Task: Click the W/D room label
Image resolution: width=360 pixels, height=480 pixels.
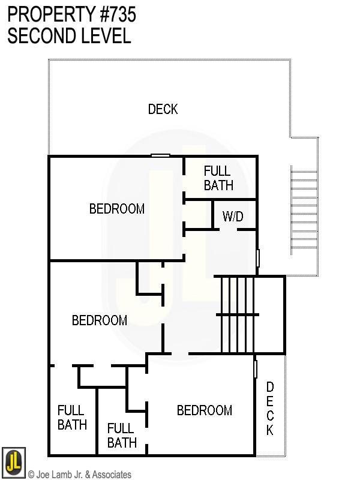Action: (233, 217)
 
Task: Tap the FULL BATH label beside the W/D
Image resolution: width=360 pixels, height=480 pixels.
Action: (218, 178)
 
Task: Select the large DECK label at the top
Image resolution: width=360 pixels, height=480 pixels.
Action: (163, 109)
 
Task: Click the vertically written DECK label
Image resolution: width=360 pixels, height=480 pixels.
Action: (270, 409)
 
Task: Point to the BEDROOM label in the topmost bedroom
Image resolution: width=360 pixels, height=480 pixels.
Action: (117, 209)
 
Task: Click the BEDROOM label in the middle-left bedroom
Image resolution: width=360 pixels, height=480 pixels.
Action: (100, 320)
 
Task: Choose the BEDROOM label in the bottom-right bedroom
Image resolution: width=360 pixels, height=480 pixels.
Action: (204, 410)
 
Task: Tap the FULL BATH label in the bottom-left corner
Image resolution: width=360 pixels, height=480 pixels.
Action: (72, 418)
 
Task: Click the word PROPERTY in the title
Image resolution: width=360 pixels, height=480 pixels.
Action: (50, 15)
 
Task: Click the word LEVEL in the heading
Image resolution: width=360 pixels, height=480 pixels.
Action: (108, 36)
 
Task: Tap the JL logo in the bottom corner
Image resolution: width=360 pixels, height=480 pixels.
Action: (14, 463)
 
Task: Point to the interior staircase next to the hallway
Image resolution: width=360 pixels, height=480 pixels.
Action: (239, 314)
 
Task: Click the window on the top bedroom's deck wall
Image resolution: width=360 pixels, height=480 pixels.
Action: (160, 156)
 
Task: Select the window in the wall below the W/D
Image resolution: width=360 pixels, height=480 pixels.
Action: (258, 258)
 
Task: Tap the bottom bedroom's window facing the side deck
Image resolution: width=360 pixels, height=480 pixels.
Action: (256, 368)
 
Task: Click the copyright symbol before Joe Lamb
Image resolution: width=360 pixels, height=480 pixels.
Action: (32, 475)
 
